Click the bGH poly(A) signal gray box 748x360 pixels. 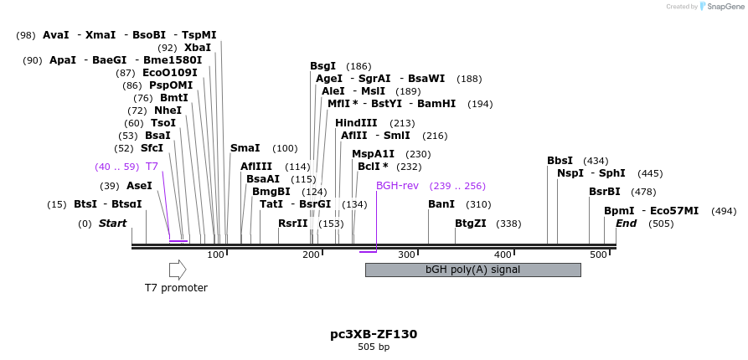point(472,270)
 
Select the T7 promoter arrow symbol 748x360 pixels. point(178,270)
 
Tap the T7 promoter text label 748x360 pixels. point(176,288)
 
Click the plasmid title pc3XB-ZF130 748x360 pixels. point(374,334)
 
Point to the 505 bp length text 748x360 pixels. point(374,347)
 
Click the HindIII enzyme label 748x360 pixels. point(357,123)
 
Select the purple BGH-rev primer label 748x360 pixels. point(396,186)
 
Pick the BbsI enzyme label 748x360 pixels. point(560,161)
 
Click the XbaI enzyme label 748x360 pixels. point(198,48)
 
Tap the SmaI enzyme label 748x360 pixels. point(245,148)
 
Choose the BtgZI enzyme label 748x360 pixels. point(470,224)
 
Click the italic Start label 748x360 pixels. point(113,224)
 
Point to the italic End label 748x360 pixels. point(627,224)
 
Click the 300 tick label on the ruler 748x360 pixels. point(407,255)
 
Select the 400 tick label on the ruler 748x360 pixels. point(503,255)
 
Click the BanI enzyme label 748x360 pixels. point(441,204)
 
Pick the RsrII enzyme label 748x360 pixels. point(293,224)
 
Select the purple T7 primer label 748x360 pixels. point(152,167)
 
